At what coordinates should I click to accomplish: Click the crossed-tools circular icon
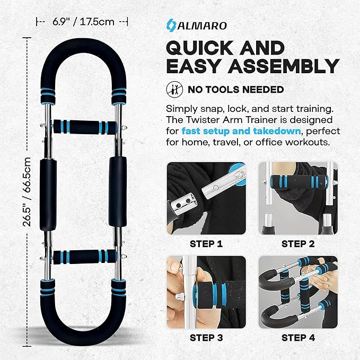coord(173,89)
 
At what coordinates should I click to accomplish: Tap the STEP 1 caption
coord(206,244)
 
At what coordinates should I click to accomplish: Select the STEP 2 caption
coord(298,244)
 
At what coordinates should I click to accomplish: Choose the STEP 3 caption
coord(206,338)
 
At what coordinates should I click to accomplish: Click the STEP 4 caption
coord(298,338)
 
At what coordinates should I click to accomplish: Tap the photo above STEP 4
coord(298,291)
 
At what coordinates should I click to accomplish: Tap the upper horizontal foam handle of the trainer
coord(82,127)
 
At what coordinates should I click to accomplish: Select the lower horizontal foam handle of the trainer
coord(82,258)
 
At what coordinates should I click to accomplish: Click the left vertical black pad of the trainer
coord(46,191)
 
